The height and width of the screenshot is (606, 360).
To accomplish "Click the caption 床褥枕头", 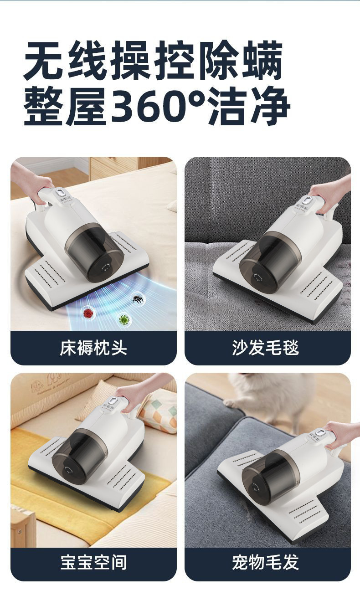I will (x=93, y=348).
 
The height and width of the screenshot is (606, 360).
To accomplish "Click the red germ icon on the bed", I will (x=87, y=313).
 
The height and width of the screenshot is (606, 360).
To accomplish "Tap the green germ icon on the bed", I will (x=123, y=319).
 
